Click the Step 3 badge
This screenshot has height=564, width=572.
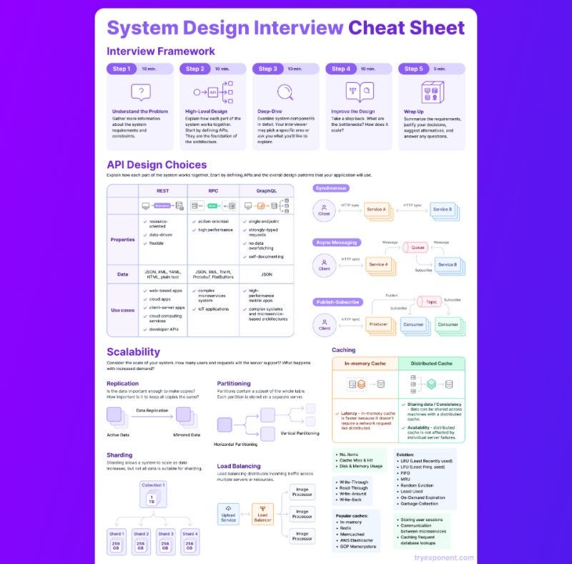[268, 69]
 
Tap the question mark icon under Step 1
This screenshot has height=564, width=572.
[141, 92]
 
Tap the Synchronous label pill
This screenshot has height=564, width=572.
[332, 188]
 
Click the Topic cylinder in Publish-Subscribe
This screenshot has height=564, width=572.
[431, 302]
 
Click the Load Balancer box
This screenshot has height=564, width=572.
[262, 513]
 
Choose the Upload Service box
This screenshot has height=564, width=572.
[228, 513]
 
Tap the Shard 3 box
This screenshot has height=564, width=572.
[166, 543]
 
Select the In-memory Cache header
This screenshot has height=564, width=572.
[365, 364]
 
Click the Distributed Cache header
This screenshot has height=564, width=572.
[431, 364]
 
